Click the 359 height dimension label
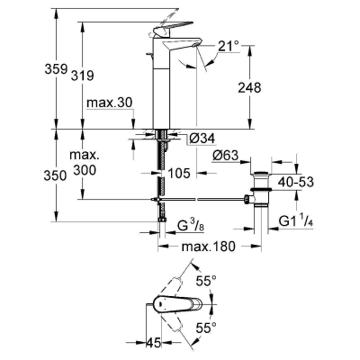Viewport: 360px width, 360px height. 56,69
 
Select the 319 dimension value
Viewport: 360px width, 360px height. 83,76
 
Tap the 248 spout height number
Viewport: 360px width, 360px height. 249,88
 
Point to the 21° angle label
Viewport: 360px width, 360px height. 229,47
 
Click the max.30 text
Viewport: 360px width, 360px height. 109,103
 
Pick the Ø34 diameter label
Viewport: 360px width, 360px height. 202,139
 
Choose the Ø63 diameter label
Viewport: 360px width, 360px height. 225,156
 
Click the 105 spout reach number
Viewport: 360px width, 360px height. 179,173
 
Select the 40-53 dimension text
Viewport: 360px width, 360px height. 296,182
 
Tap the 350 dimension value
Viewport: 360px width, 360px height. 55,175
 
